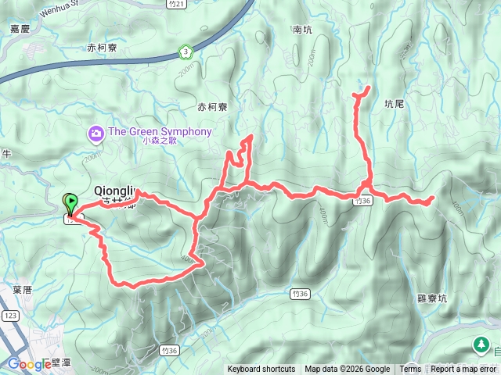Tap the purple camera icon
pyautogui.click(x=96, y=134)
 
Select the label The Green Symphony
pyautogui.click(x=160, y=131)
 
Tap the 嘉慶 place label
pyautogui.click(x=20, y=28)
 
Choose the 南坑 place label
pyautogui.click(x=303, y=30)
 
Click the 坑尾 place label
pyautogui.click(x=396, y=102)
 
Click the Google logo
pyautogui.click(x=29, y=364)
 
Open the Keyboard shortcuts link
pyautogui.click(x=261, y=370)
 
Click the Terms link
pyautogui.click(x=410, y=370)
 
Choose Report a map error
pyautogui.click(x=463, y=370)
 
